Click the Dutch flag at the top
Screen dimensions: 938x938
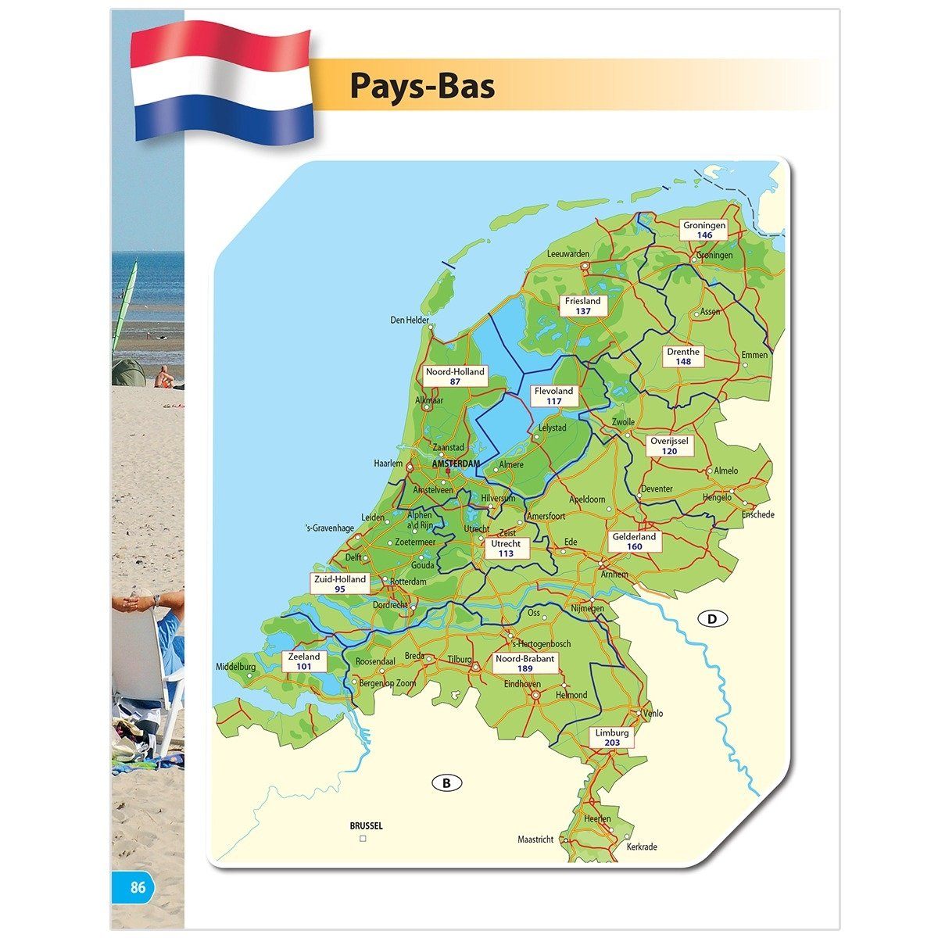[x=223, y=82]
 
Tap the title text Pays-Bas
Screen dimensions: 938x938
[x=422, y=85]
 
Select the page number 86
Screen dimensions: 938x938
[x=138, y=887]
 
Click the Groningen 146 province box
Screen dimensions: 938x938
[x=704, y=230]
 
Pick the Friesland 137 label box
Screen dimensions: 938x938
[x=583, y=306]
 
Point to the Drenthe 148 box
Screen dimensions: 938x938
[x=683, y=356]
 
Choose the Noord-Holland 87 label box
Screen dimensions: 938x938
[x=456, y=376]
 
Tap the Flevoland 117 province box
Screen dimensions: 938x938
[x=554, y=396]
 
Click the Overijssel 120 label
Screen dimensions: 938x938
[x=669, y=446]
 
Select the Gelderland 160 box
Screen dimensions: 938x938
[x=634, y=542]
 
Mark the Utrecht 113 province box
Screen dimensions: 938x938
[x=506, y=548]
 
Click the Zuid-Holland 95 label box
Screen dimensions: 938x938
[x=339, y=584]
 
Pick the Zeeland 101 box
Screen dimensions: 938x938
[x=304, y=662]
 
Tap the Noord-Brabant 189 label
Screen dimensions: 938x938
[x=525, y=664]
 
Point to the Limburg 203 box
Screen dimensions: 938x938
[x=612, y=738]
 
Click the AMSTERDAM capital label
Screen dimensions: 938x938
[x=456, y=464]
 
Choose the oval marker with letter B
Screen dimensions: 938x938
[x=447, y=782]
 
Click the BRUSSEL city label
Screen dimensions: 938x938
[x=366, y=825]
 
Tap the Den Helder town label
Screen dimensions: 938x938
[x=410, y=320]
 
